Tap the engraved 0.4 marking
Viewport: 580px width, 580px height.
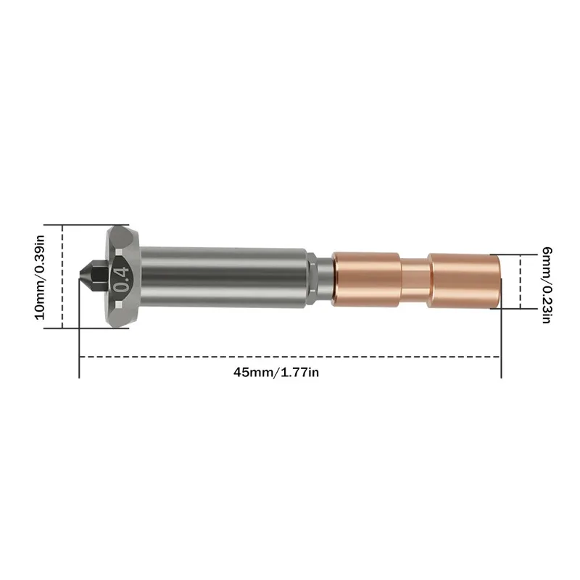click(121, 276)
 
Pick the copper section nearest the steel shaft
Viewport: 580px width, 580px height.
click(366, 276)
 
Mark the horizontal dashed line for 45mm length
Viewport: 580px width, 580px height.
click(290, 357)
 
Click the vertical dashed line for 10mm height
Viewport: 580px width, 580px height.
click(62, 276)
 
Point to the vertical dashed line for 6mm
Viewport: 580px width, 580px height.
click(519, 281)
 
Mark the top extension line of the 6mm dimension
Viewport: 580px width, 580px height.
click(511, 254)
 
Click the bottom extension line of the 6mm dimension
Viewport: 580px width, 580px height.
click(511, 309)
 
